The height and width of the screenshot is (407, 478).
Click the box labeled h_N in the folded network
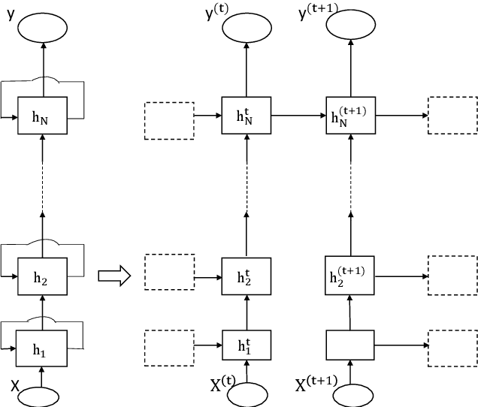point(43,118)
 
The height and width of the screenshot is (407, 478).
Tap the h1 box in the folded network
point(43,348)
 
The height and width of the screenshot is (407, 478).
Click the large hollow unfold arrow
point(115,277)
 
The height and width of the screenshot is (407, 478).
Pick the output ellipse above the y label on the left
point(43,26)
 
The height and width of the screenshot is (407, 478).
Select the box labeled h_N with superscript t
point(246,116)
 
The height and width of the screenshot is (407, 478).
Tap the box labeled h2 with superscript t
point(246,274)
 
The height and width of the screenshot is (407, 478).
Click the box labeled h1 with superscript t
point(246,346)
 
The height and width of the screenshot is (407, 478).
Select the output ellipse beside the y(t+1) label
point(351,26)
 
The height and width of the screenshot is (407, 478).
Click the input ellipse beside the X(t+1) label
point(351,394)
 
